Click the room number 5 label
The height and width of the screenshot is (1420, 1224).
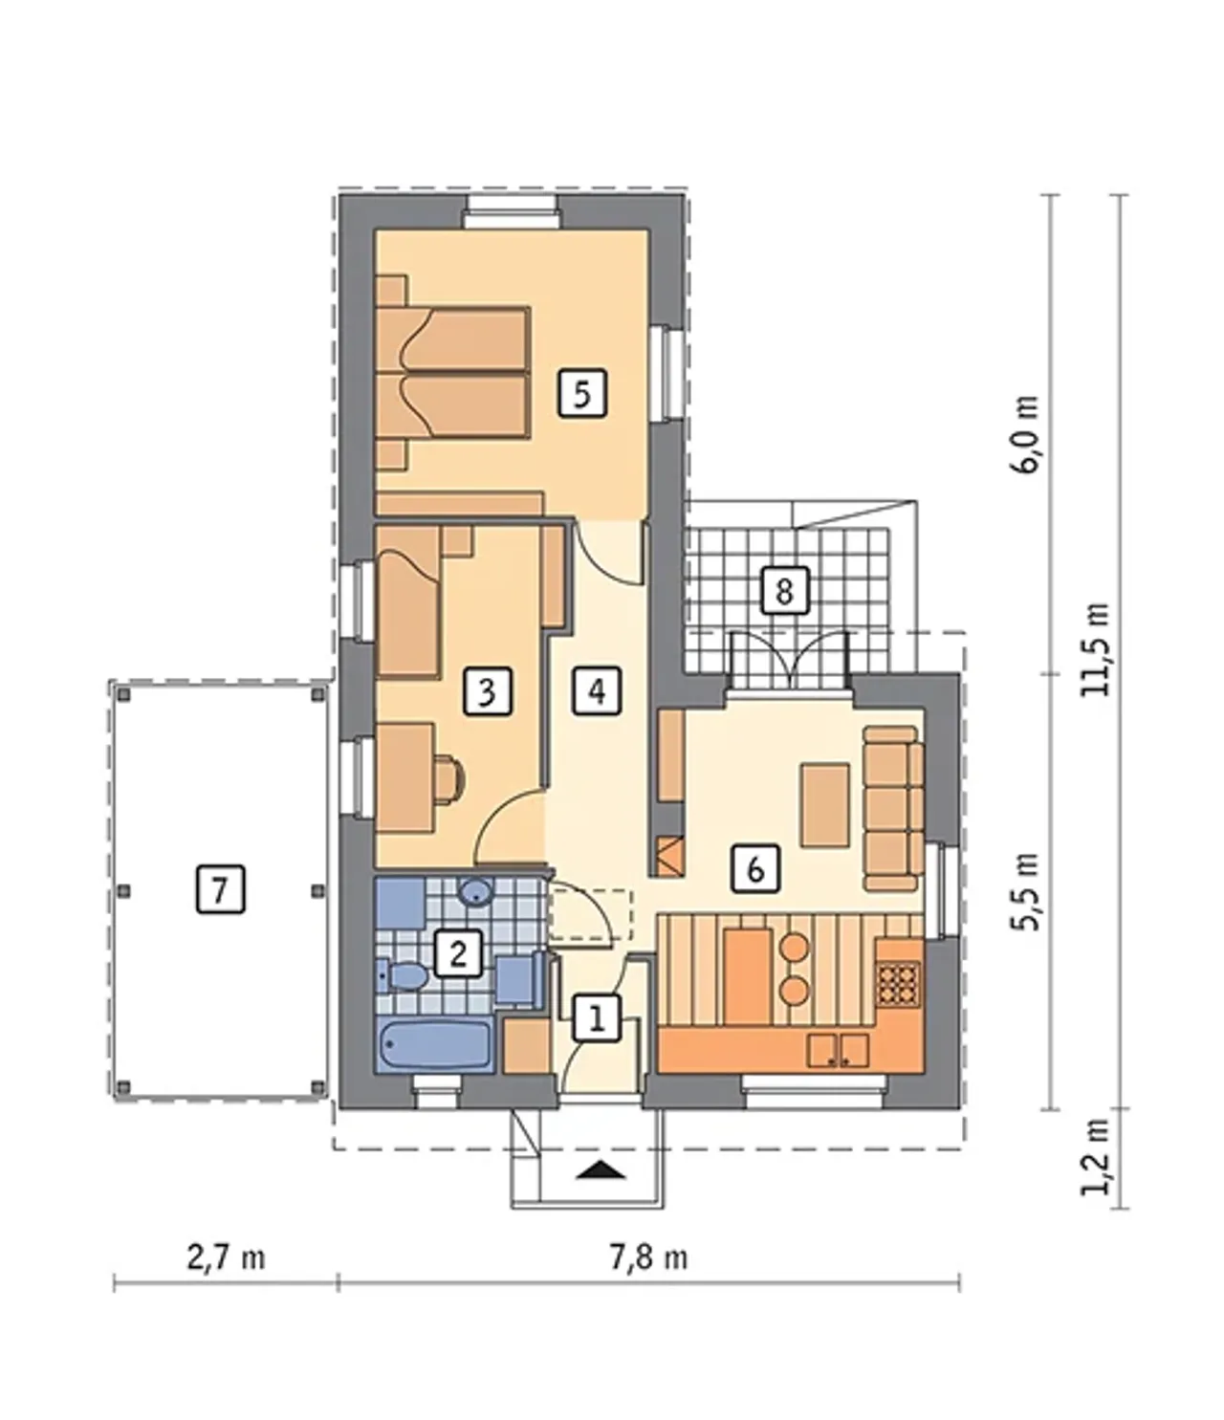click(x=581, y=394)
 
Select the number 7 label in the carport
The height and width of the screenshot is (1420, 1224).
click(x=220, y=890)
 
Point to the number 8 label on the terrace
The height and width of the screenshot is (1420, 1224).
click(x=784, y=591)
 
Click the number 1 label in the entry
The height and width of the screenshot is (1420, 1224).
click(x=597, y=1018)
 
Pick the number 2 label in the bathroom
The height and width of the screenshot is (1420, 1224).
click(x=457, y=953)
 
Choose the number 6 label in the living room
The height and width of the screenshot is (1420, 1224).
click(x=754, y=870)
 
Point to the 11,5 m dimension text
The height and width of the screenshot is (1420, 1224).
click(x=1095, y=649)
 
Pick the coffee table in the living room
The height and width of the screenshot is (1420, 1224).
click(x=825, y=805)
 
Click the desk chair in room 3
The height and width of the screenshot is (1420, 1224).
click(x=450, y=779)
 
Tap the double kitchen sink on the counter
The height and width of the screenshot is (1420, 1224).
click(x=838, y=1050)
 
